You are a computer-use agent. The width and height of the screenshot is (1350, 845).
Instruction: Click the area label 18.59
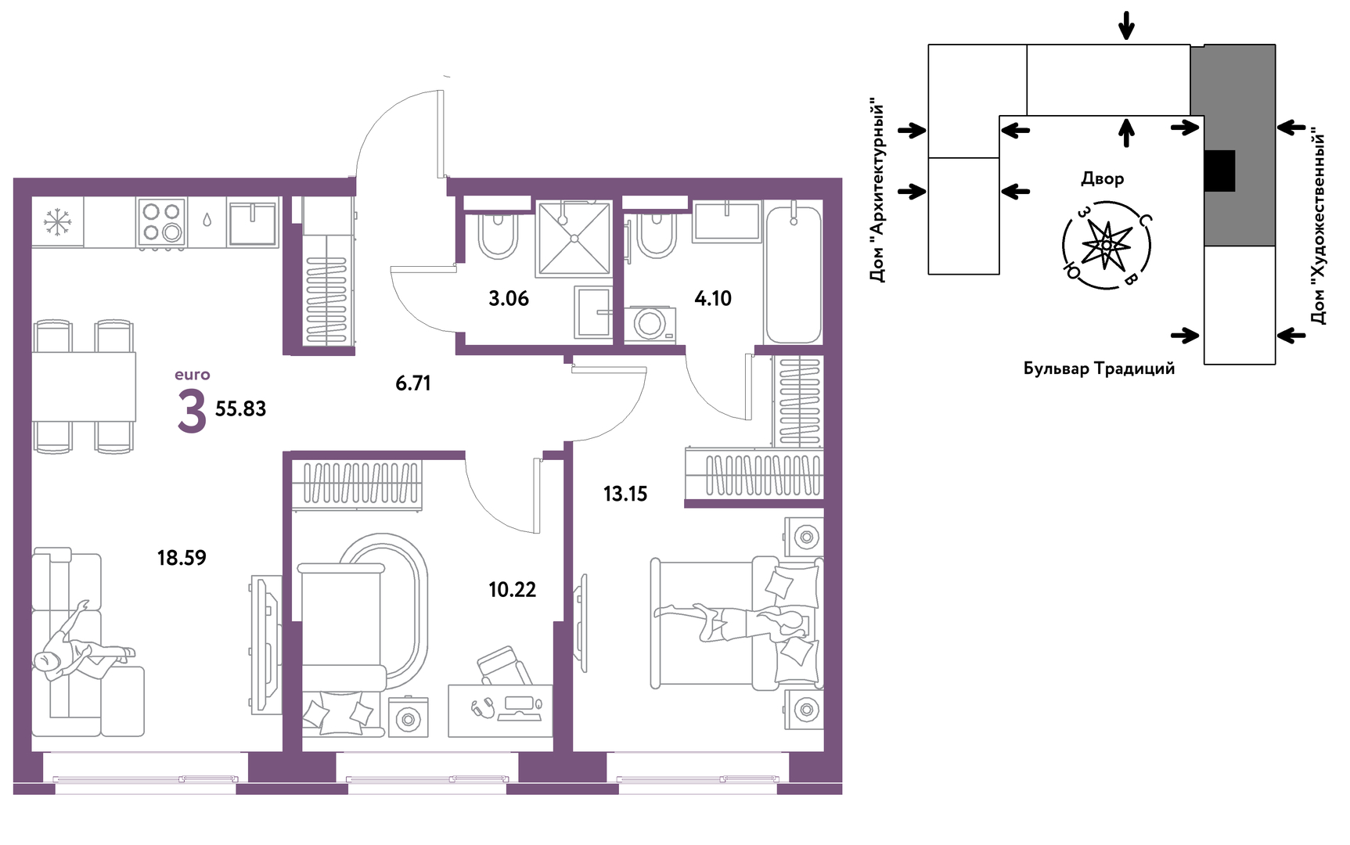point(182,558)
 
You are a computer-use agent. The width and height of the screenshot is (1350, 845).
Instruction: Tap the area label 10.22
point(513,590)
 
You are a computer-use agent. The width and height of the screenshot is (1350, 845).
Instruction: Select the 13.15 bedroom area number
point(625,494)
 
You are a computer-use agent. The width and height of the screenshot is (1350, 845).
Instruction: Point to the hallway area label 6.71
point(413,383)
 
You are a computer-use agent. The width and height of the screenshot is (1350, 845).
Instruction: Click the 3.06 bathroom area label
point(509,298)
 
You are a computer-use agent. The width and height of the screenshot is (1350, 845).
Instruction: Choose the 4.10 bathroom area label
point(713,298)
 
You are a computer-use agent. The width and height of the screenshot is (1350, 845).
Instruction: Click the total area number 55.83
point(240,409)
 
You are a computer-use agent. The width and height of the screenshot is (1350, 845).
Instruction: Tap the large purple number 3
point(192,412)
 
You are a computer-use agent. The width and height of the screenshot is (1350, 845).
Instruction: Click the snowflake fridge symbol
point(57,221)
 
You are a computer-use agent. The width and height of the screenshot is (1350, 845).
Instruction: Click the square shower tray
point(574,238)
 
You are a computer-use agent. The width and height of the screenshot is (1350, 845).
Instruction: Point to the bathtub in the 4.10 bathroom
point(794,273)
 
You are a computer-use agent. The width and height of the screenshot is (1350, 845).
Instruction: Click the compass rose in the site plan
point(1107,245)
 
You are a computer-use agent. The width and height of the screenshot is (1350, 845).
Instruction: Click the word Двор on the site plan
point(1102,179)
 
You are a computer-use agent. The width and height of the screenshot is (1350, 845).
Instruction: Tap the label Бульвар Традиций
point(1099,369)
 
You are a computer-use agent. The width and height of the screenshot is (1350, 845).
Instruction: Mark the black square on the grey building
point(1219,171)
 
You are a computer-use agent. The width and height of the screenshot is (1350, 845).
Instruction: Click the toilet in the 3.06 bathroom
point(498,234)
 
